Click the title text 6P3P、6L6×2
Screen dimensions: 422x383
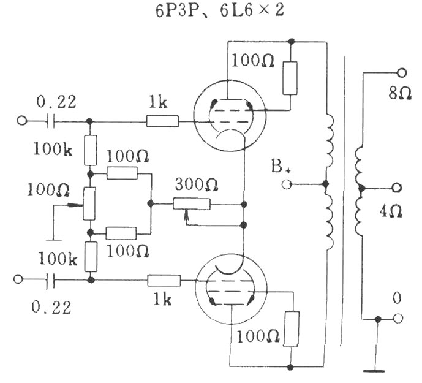tap(220, 10)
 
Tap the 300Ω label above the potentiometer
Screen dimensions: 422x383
tap(196, 185)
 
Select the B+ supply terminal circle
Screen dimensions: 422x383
tap(287, 184)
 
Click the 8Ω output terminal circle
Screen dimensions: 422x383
tap(402, 72)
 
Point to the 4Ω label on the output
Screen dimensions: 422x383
tap(391, 211)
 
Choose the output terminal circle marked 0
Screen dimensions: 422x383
tap(398, 319)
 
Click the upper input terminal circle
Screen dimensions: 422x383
tap(22, 120)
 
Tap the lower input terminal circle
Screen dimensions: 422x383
tap(18, 279)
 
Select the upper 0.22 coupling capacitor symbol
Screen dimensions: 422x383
tap(51, 121)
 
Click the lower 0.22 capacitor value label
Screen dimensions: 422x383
tap(51, 307)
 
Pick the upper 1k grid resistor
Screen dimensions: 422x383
tap(162, 121)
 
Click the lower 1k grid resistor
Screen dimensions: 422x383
tap(164, 281)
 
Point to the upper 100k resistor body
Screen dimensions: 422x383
tap(91, 150)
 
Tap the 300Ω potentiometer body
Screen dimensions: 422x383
tap(191, 204)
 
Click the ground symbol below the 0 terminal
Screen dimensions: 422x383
tap(374, 371)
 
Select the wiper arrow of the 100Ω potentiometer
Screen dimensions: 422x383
tap(75, 205)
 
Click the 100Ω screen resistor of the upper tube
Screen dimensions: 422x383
tap(290, 78)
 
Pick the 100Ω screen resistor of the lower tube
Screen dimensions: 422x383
tap(291, 329)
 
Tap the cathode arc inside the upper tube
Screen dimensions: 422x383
tap(230, 135)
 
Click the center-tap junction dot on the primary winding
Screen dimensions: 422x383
tap(326, 184)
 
